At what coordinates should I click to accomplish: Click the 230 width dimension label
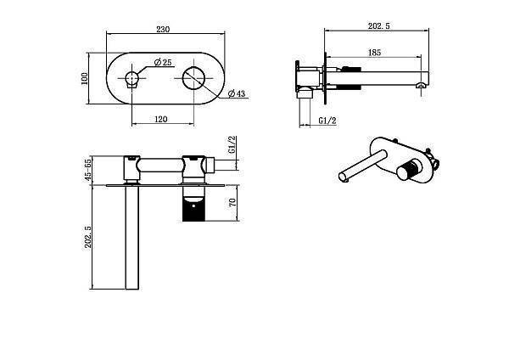[x=164, y=29]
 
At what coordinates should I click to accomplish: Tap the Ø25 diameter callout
[x=164, y=62]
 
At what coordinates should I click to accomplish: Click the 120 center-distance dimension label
[x=162, y=120]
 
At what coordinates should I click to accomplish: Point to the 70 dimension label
[x=231, y=204]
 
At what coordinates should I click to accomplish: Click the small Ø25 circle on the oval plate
[x=131, y=81]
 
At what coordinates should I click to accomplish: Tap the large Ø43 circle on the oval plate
[x=196, y=79]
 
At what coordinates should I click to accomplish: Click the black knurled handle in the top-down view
[x=196, y=209]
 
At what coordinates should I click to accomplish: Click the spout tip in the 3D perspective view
[x=343, y=177]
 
